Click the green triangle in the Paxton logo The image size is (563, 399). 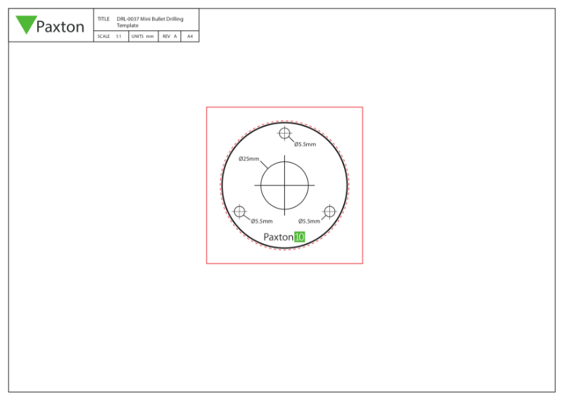pyautogui.click(x=26, y=23)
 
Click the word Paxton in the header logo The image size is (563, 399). pyautogui.click(x=60, y=27)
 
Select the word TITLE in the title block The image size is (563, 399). pyautogui.click(x=103, y=19)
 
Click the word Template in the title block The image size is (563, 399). pyautogui.click(x=127, y=25)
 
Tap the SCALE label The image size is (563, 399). pyautogui.click(x=103, y=36)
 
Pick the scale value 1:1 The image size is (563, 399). pyautogui.click(x=118, y=36)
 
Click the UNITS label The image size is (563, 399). pyautogui.click(x=137, y=36)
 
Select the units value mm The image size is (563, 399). pyautogui.click(x=150, y=36)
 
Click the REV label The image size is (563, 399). pyautogui.click(x=166, y=36)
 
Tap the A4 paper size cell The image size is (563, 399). pyautogui.click(x=189, y=36)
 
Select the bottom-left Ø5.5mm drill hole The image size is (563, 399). pyautogui.click(x=240, y=211)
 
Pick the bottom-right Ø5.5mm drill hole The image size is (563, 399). pyautogui.click(x=329, y=211)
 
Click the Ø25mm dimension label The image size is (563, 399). pyautogui.click(x=249, y=159)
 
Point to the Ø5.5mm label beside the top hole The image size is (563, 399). pyautogui.click(x=305, y=145)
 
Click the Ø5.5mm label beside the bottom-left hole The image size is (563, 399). pyautogui.click(x=262, y=221)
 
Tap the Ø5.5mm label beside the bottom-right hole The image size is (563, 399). pyautogui.click(x=308, y=221)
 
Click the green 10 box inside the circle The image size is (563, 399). pyautogui.click(x=299, y=238)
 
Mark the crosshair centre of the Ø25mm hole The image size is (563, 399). pyautogui.click(x=284, y=185)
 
